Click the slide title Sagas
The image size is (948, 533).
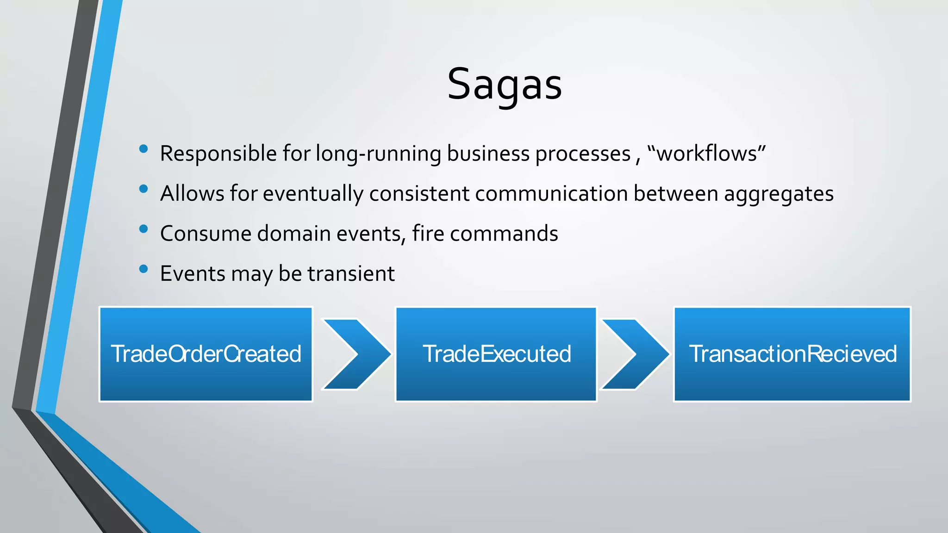point(504,84)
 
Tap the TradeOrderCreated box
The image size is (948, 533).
point(206,354)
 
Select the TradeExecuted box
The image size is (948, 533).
point(496,354)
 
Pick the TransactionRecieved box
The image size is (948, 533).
point(792,354)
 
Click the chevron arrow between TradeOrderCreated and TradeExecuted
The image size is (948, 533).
point(355,354)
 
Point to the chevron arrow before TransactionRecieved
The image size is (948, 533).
point(634,354)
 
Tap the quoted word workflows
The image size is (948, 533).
point(706,154)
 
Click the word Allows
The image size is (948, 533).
point(192,193)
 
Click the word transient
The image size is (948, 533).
point(351,273)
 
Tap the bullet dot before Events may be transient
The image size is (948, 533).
point(143,269)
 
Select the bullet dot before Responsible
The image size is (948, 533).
point(143,149)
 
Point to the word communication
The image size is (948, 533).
point(551,193)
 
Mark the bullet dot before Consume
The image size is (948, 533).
point(143,229)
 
